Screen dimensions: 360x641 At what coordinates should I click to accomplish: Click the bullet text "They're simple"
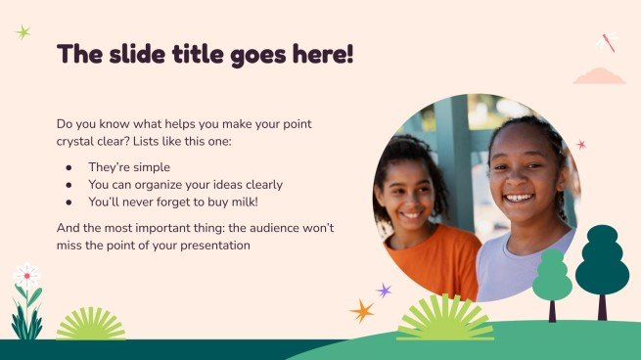(x=129, y=167)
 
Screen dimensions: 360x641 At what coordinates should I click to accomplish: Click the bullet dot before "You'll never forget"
(x=69, y=202)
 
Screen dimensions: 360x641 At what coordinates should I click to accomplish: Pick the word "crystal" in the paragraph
(x=82, y=142)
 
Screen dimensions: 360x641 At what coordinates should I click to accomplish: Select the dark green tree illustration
(x=602, y=262)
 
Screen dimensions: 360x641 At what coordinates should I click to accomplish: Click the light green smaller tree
(x=552, y=277)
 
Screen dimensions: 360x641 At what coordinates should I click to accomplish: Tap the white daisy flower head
(x=26, y=274)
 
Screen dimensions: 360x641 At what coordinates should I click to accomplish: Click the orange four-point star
(x=362, y=311)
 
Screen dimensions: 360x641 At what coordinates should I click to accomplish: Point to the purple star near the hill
(x=384, y=291)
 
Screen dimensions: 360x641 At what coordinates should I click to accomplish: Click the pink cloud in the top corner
(x=599, y=75)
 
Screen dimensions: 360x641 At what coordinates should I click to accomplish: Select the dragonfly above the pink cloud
(x=607, y=43)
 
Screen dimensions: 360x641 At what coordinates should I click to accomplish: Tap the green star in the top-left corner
(x=23, y=32)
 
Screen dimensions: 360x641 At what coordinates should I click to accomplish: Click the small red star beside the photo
(x=581, y=145)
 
